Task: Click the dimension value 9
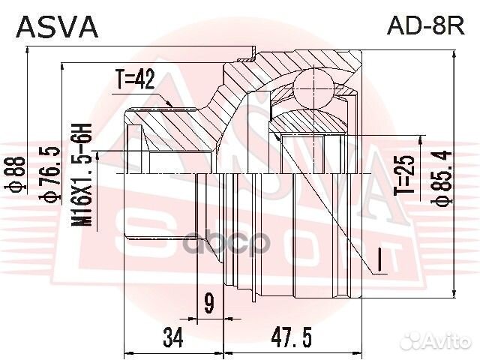209,304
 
